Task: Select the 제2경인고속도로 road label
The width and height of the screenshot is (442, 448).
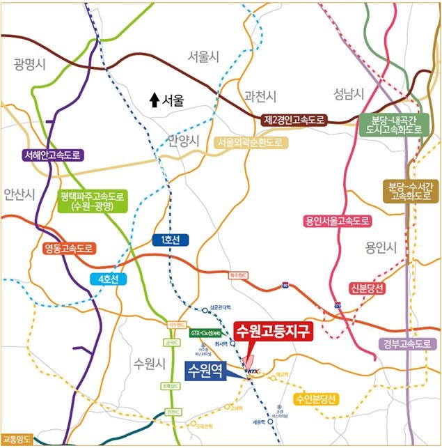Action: coord(294,120)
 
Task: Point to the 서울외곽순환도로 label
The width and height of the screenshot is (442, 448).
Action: coord(251,142)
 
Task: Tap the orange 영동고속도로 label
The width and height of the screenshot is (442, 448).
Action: coord(68,248)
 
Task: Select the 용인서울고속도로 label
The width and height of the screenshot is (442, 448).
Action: coord(338,222)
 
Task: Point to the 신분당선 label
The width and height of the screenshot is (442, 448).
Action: coord(368,288)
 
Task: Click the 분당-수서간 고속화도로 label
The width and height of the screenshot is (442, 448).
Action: coord(411,192)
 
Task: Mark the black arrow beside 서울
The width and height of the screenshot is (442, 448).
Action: coord(155,100)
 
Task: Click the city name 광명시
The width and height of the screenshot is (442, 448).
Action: coord(29,65)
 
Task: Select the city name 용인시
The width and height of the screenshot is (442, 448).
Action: coord(381,247)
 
